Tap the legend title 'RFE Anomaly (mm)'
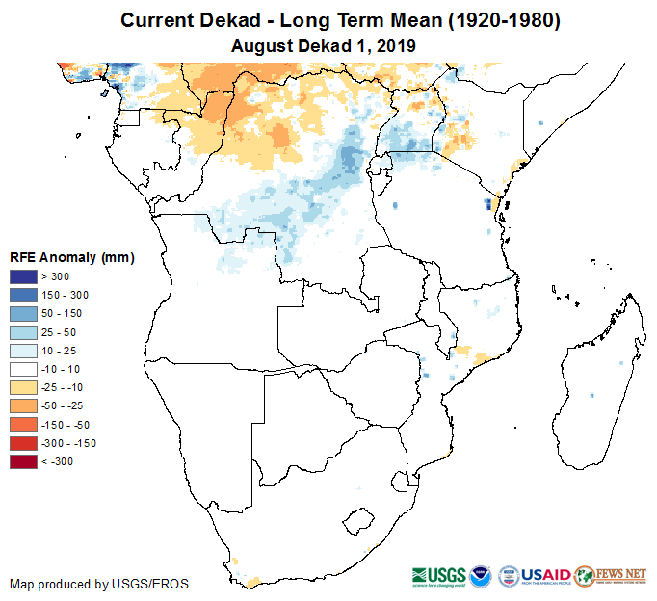[x=72, y=258]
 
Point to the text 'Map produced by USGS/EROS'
[x=99, y=585]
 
